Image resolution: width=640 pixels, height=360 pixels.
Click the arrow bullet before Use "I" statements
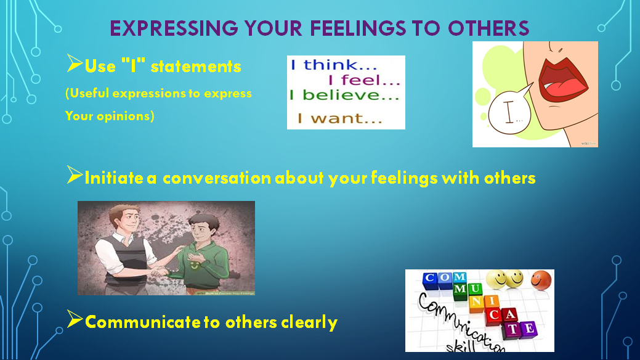pyautogui.click(x=74, y=63)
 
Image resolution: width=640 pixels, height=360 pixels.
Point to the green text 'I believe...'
pyautogui.click(x=345, y=96)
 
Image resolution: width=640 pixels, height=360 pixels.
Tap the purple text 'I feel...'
pyautogui.click(x=363, y=80)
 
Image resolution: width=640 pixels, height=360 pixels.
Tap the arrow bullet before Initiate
pyautogui.click(x=74, y=176)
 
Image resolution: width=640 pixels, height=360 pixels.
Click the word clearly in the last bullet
pyautogui.click(x=309, y=322)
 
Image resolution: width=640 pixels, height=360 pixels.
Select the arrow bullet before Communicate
pyautogui.click(x=74, y=320)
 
